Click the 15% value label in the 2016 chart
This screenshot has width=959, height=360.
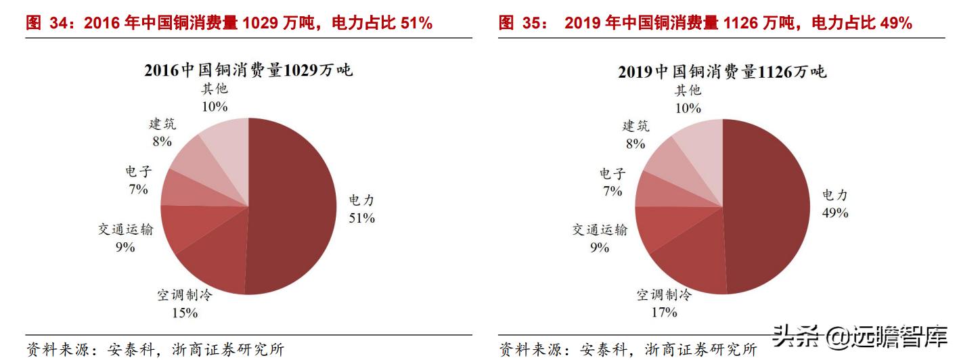[185, 313]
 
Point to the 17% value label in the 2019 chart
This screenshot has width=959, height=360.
[664, 312]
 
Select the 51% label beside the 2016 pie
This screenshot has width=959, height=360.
[361, 218]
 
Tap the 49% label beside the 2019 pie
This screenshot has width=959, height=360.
[834, 212]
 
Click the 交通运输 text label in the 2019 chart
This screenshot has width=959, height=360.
[600, 230]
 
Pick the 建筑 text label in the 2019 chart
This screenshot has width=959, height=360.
[635, 126]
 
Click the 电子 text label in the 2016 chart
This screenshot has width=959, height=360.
[139, 172]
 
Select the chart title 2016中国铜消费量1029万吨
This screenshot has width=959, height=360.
[248, 70]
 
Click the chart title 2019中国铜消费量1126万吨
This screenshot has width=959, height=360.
[722, 72]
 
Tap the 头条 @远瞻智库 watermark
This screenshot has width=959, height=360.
[860, 336]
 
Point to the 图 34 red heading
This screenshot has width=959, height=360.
[229, 24]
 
